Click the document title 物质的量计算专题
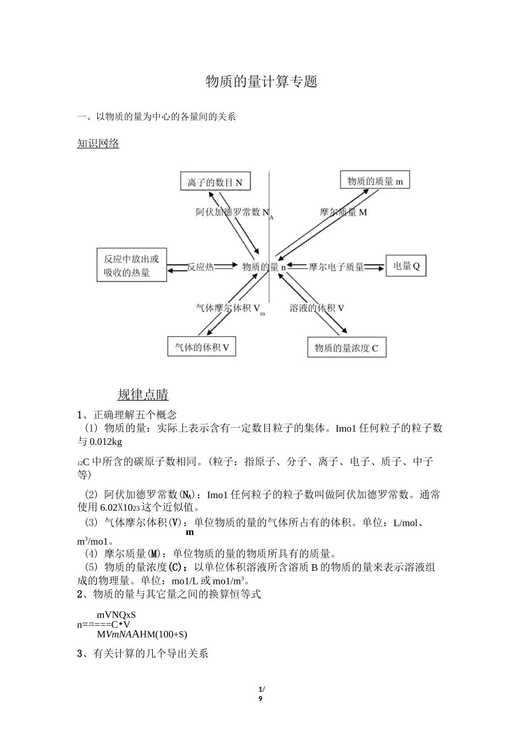(x=262, y=82)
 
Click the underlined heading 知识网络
(x=98, y=144)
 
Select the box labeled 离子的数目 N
(x=215, y=182)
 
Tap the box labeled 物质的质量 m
(x=375, y=181)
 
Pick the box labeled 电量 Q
(x=406, y=266)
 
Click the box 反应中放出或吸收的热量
(x=132, y=265)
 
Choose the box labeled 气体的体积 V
(x=202, y=347)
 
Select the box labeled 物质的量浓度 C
(x=346, y=348)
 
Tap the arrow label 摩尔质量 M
(x=343, y=212)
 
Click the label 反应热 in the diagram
(x=200, y=267)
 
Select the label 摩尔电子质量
(x=336, y=267)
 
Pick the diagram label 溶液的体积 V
(x=316, y=308)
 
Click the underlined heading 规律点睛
(x=143, y=394)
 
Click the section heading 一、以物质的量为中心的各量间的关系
(x=157, y=117)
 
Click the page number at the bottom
(x=261, y=694)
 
